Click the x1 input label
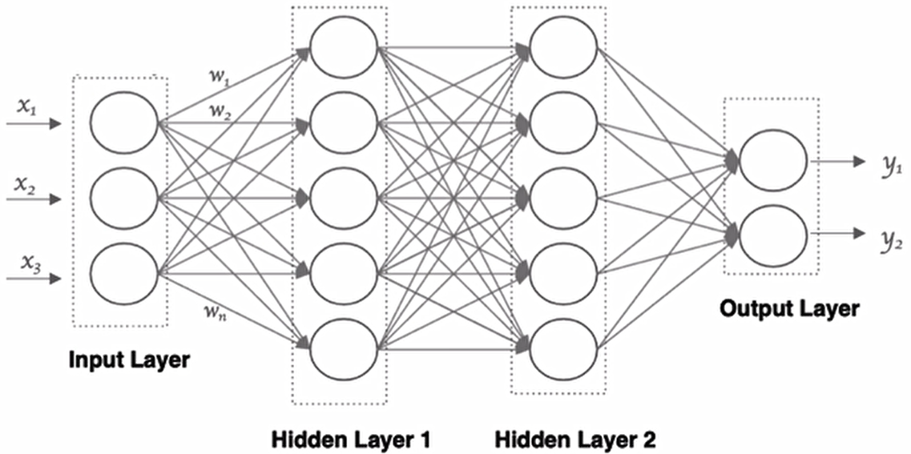pos(29,107)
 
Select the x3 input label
pos(29,262)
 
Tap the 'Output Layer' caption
pos(789,308)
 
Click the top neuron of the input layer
pos(123,123)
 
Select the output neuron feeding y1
pos(772,161)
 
